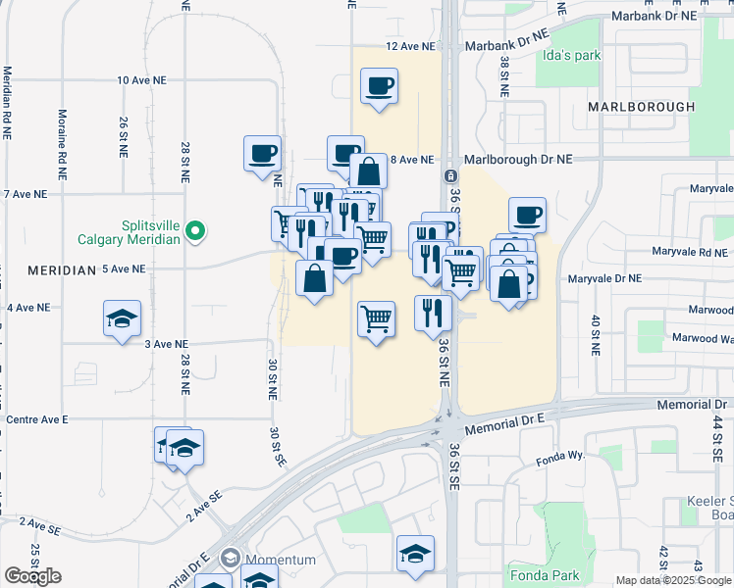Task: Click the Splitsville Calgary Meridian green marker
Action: click(x=196, y=231)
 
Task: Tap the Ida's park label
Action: click(x=570, y=55)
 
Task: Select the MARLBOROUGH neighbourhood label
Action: click(x=642, y=106)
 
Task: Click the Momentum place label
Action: click(x=281, y=560)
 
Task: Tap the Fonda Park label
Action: click(x=544, y=574)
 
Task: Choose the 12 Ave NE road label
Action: click(x=409, y=46)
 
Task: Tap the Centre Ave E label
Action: click(x=37, y=418)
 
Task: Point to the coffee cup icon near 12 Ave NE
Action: click(x=379, y=86)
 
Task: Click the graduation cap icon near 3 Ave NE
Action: click(x=122, y=318)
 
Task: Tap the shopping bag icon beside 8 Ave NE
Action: click(x=368, y=171)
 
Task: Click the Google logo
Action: click(x=32, y=576)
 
